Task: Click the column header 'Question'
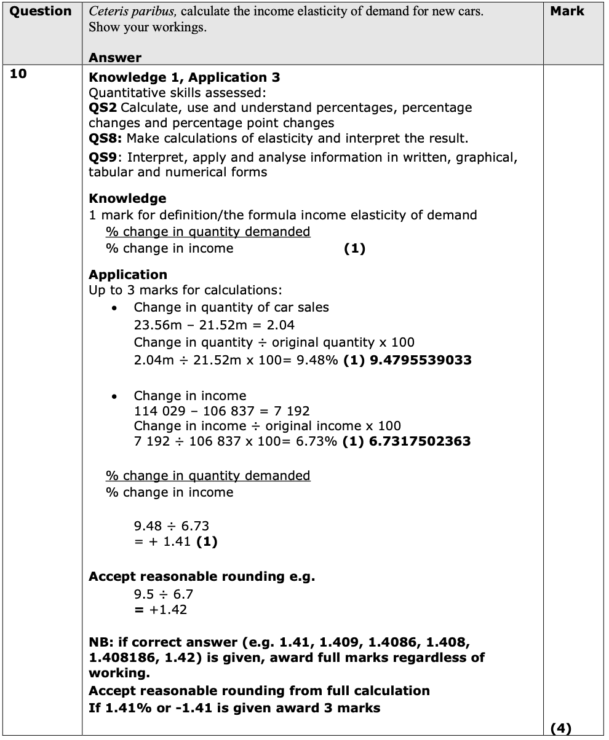coord(41,11)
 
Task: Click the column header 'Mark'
coord(567,11)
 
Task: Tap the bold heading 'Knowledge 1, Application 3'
coord(185,77)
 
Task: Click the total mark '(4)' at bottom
coord(560,728)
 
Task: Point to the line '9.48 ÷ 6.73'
coord(171,526)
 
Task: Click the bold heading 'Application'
coord(128,275)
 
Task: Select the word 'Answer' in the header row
coord(115,58)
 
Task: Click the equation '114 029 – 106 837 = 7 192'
coord(221,411)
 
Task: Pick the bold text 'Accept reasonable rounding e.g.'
coord(202,577)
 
